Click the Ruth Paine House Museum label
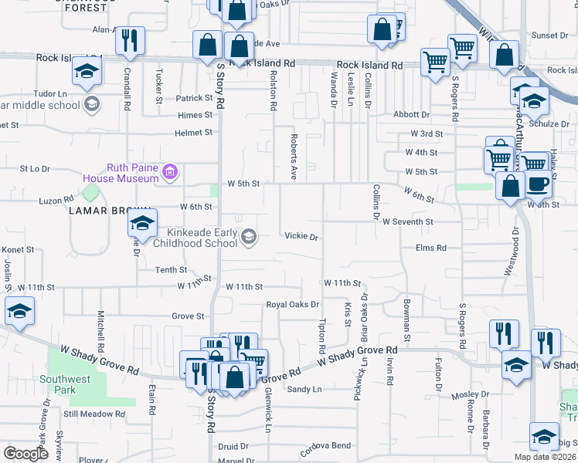[x=127, y=173]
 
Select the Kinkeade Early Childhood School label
[x=195, y=238]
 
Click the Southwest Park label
[x=66, y=384]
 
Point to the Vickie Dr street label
[x=301, y=237]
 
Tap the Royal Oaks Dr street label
[x=292, y=305]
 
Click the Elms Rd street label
[x=431, y=248]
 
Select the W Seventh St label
[x=407, y=221]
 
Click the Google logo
[x=26, y=453]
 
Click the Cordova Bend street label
[x=325, y=446]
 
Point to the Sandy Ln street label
[x=304, y=390]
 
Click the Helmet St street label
[x=193, y=133]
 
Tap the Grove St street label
[x=188, y=316]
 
